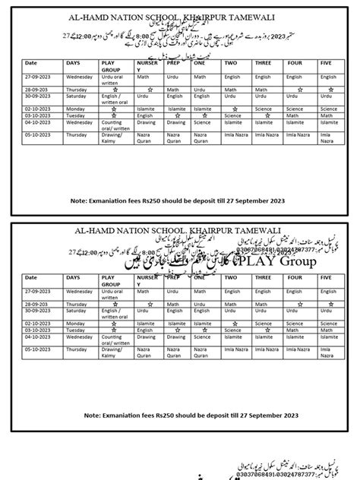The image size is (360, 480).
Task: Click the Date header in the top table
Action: [31, 63]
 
